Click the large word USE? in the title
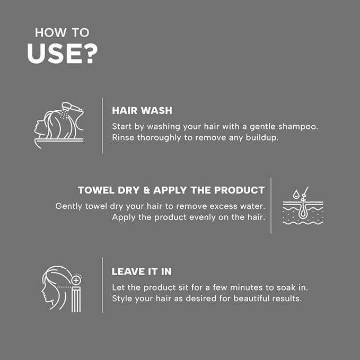pos(62,54)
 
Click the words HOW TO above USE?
pos(62,32)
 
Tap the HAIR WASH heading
pos(142,110)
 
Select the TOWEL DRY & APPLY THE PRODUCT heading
pos(171,190)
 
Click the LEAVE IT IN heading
pos(142,271)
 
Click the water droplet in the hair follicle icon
pos(296,195)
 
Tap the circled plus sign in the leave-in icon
pos(76,280)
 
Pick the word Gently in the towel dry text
pos(68,206)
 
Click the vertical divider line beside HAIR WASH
pos(102,125)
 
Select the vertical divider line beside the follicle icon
pos(271,206)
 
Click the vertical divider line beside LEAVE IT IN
pos(102,285)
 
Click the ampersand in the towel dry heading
pos(146,190)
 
